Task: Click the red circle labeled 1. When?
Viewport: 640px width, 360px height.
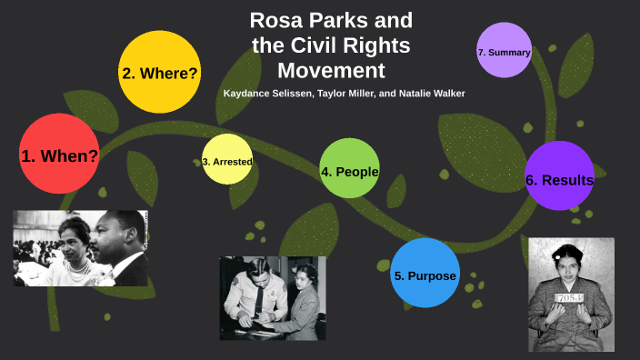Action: click(59, 155)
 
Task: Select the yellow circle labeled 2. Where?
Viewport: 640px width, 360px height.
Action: click(159, 73)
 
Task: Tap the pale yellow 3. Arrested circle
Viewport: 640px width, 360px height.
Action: click(227, 161)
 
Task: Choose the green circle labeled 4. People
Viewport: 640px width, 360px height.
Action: click(349, 170)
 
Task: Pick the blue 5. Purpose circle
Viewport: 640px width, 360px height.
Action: click(425, 275)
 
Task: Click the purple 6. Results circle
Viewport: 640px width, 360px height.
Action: click(559, 179)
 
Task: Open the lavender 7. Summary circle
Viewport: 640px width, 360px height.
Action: click(504, 52)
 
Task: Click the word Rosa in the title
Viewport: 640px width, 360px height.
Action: click(277, 20)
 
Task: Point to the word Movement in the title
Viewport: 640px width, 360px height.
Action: click(331, 70)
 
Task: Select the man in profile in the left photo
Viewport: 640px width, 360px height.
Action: click(123, 239)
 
